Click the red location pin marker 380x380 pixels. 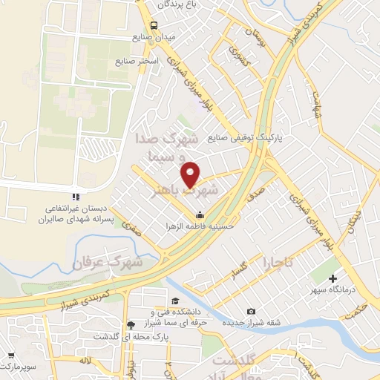191,174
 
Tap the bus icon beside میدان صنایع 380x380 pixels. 153,24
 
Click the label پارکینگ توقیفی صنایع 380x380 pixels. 249,137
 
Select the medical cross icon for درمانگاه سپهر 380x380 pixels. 333,278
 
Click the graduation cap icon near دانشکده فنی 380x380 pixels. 174,301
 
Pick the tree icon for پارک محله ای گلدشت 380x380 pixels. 131,324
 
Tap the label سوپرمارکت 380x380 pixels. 16,367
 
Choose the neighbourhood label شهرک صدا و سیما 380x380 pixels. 166,148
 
